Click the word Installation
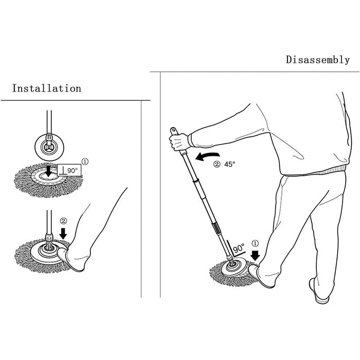point(47,88)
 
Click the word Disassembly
point(318,60)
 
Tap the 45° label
point(230,164)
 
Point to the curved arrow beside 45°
point(207,156)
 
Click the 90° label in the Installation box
point(73,170)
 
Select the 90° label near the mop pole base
point(239,248)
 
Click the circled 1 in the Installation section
point(85,161)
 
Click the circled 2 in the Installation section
point(64,221)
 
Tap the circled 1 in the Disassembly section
point(255,243)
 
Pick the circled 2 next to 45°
point(217,164)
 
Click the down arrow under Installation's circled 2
point(63,233)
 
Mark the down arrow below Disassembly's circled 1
point(255,255)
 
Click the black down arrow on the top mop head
point(48,171)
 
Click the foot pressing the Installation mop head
point(71,259)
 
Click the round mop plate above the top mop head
point(49,147)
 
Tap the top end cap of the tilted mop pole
point(174,131)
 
